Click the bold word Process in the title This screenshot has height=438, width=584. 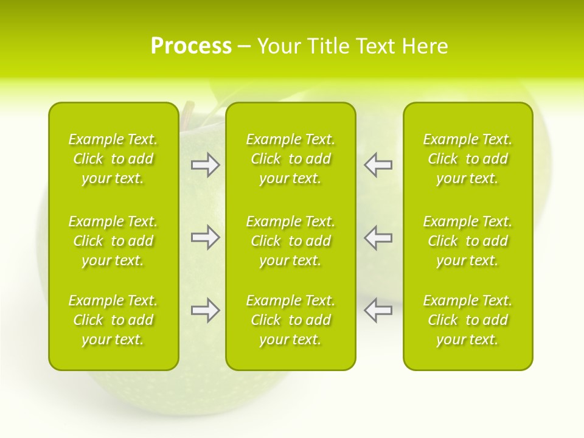pyautogui.click(x=191, y=46)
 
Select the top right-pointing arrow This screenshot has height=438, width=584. pyautogui.click(x=206, y=165)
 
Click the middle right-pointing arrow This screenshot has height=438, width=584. pyautogui.click(x=206, y=238)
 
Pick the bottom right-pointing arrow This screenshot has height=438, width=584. pyautogui.click(x=206, y=310)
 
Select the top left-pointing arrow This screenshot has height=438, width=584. pyautogui.click(x=378, y=165)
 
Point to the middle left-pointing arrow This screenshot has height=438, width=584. pyautogui.click(x=378, y=238)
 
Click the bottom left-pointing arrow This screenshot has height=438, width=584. pyautogui.click(x=378, y=310)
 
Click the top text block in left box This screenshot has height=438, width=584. pyautogui.click(x=113, y=159)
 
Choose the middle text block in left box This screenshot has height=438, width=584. pyautogui.click(x=113, y=241)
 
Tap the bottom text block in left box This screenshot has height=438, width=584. pyautogui.click(x=113, y=320)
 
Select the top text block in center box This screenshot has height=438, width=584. pyautogui.click(x=290, y=159)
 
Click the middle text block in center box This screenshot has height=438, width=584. pyautogui.click(x=290, y=241)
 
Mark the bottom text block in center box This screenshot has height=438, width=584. pyautogui.click(x=290, y=320)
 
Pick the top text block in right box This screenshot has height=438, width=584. pyautogui.click(x=467, y=159)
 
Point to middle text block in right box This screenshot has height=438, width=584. pyautogui.click(x=467, y=241)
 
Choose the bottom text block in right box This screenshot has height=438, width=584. pyautogui.click(x=467, y=320)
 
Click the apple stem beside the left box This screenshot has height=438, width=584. pyautogui.click(x=186, y=113)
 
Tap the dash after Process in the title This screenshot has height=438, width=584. pyautogui.click(x=245, y=47)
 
